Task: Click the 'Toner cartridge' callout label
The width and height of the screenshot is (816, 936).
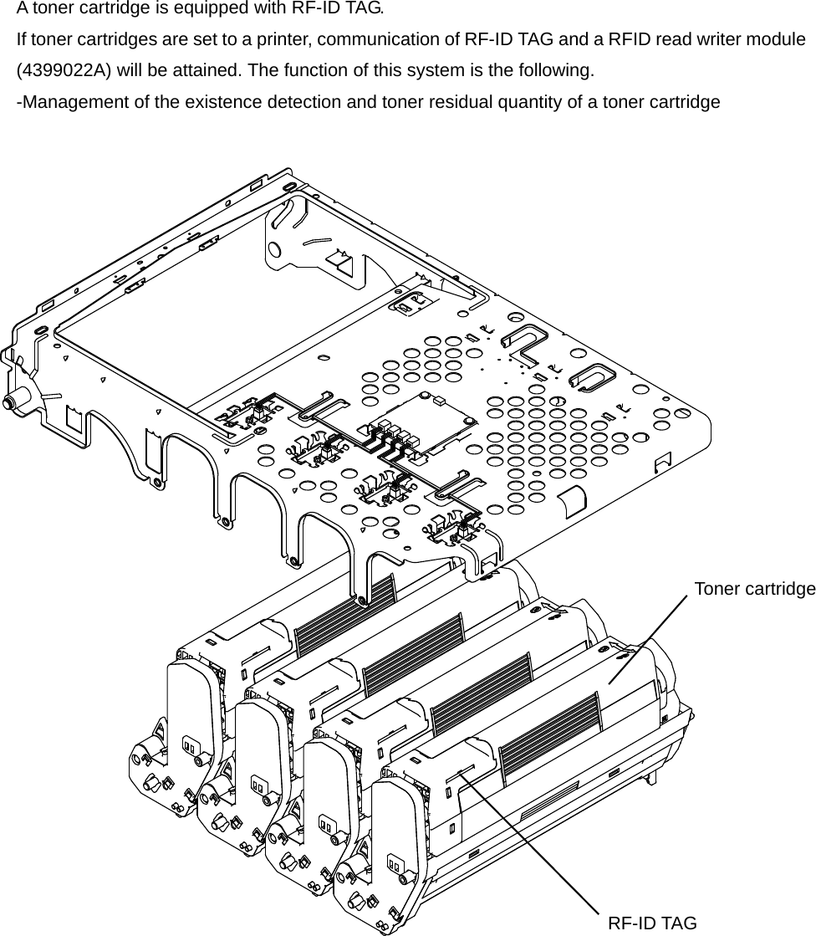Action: tap(754, 589)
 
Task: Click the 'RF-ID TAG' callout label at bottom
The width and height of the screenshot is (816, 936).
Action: tap(652, 923)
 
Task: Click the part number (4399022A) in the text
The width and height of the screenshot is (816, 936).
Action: tap(64, 69)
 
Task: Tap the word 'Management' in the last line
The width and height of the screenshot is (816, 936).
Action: tap(70, 102)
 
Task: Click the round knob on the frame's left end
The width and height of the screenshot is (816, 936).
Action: tap(10, 403)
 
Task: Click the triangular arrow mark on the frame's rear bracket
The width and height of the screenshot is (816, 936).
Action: tap(341, 260)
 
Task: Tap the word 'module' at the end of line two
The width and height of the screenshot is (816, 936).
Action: tap(777, 39)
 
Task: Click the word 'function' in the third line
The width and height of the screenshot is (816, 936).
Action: tap(314, 69)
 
